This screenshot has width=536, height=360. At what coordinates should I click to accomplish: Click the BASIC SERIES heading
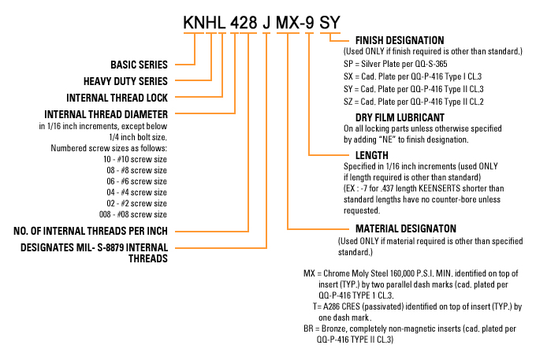tap(139, 65)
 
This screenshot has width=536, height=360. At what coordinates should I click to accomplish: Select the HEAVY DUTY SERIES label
tap(125, 81)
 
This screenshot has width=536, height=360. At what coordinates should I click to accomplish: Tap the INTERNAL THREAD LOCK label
tap(117, 98)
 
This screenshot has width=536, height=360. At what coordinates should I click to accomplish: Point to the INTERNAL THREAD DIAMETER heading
tap(106, 114)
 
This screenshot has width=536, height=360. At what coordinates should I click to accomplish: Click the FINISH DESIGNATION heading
tap(400, 40)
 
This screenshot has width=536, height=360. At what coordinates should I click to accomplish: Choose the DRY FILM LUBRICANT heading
tap(400, 117)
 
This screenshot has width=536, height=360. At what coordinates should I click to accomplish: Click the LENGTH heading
tap(372, 155)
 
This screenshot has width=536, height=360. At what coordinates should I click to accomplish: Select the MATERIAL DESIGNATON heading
tap(406, 228)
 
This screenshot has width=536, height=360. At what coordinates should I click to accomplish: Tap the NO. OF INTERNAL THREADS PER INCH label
tap(91, 231)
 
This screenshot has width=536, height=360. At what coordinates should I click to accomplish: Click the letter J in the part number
tap(266, 23)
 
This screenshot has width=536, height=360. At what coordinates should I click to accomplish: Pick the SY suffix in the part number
tap(329, 23)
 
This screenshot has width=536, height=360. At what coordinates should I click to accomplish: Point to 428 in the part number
tap(244, 23)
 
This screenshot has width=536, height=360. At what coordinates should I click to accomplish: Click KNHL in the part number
tap(204, 23)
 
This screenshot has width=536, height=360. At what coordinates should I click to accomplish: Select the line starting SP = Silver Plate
tap(396, 64)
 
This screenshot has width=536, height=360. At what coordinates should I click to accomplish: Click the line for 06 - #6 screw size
tap(136, 181)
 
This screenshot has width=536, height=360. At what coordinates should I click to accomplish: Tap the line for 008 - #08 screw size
tap(133, 214)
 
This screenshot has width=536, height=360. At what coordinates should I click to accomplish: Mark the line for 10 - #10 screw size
tap(136, 159)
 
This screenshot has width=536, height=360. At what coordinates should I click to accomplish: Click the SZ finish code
tap(348, 102)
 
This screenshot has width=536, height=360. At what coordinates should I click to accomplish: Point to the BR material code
tap(308, 328)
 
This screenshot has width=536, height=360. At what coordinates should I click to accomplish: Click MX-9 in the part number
tap(295, 23)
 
